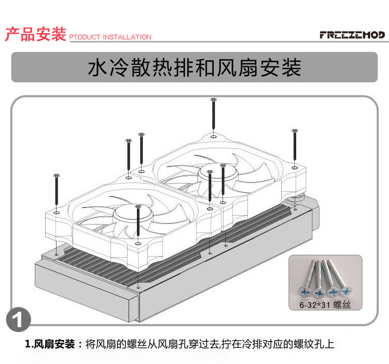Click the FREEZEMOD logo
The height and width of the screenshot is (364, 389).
(352, 35)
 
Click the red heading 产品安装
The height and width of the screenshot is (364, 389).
(35, 35)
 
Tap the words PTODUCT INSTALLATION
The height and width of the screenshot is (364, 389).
(110, 37)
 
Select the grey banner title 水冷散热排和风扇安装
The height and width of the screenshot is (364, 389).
(195, 68)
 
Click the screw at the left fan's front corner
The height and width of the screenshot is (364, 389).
(137, 223)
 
